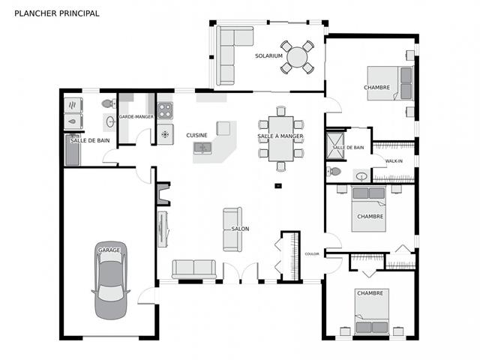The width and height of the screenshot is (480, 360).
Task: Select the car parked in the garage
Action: click(x=110, y=272)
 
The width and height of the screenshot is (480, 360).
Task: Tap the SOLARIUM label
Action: click(x=268, y=56)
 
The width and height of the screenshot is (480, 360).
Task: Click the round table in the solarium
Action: click(x=298, y=57)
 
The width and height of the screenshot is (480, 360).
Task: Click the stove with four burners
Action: click(x=165, y=111)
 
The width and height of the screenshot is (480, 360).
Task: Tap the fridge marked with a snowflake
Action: click(x=165, y=135)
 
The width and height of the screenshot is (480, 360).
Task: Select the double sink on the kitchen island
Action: click(x=204, y=147)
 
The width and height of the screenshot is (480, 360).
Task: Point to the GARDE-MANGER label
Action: click(x=136, y=117)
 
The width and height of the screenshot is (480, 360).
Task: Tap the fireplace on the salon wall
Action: click(x=163, y=194)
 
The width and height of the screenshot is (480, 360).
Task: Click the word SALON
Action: click(x=240, y=229)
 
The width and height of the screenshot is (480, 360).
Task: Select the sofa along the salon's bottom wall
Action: click(x=194, y=269)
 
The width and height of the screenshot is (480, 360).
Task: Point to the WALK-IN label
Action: click(x=394, y=161)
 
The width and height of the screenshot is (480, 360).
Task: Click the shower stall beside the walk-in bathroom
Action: click(x=335, y=147)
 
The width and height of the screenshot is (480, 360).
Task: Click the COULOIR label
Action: click(x=312, y=253)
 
